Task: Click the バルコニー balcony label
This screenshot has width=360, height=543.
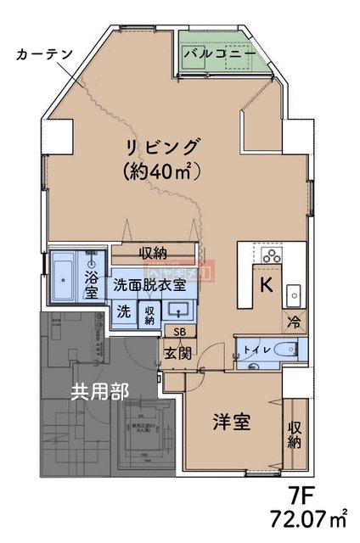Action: coord(219,53)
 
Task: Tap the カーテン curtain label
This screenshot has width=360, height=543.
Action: coord(42,53)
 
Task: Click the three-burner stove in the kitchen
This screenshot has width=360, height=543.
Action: coord(271,255)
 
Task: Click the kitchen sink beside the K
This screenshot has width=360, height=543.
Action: coord(292,293)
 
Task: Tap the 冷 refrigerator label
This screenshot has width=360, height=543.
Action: coord(294,322)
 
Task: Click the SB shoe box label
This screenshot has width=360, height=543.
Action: coord(178,332)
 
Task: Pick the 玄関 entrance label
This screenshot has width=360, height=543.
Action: coord(177,352)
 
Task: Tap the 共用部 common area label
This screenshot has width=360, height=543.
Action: coord(99,391)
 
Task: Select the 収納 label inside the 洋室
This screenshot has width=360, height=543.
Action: coord(295,434)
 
